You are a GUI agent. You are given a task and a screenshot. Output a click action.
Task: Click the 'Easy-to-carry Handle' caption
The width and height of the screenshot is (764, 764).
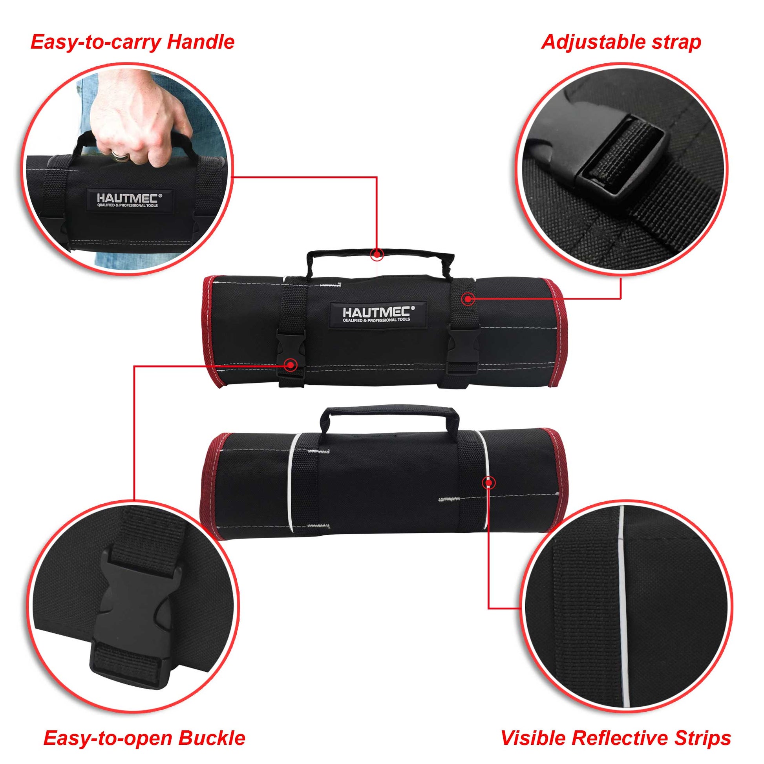click(x=132, y=42)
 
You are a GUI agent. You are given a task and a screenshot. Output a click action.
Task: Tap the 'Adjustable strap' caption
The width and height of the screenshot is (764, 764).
click(x=621, y=42)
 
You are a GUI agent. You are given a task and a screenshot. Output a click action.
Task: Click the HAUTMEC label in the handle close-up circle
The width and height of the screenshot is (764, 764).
click(x=128, y=200)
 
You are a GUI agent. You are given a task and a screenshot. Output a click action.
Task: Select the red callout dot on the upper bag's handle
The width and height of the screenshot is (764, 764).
click(x=377, y=254)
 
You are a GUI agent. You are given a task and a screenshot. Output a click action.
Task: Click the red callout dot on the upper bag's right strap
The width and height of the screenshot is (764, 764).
click(x=468, y=299)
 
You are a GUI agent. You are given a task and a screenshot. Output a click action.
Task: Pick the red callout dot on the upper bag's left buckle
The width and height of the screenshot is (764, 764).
click(x=291, y=364)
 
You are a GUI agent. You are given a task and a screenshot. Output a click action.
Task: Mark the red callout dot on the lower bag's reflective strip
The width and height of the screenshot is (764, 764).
click(x=489, y=483)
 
